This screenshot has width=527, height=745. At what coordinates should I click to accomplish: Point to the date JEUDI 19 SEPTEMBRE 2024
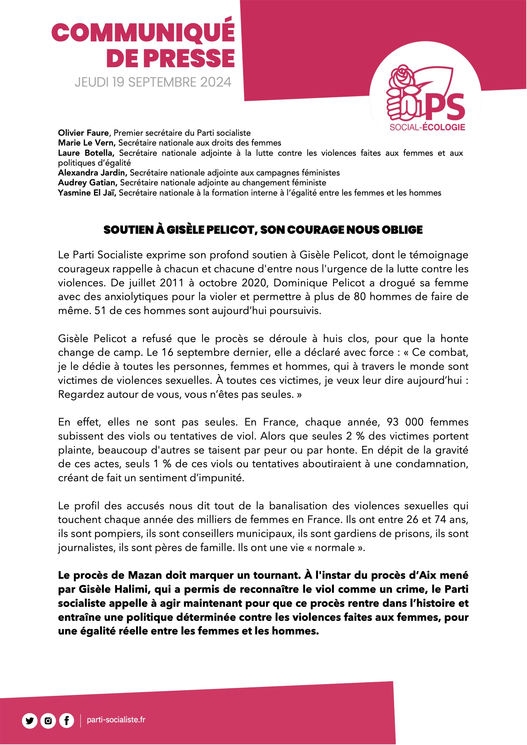[153, 82]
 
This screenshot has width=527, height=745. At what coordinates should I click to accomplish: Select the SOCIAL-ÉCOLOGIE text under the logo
[427, 127]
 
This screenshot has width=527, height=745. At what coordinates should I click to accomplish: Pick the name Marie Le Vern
[86, 143]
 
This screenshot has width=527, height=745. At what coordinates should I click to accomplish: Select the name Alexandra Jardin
[92, 173]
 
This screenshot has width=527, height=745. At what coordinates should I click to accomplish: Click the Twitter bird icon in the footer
[30, 721]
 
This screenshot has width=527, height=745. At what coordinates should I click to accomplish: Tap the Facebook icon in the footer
[67, 721]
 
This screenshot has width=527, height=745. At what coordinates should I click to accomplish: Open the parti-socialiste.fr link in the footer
[116, 720]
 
